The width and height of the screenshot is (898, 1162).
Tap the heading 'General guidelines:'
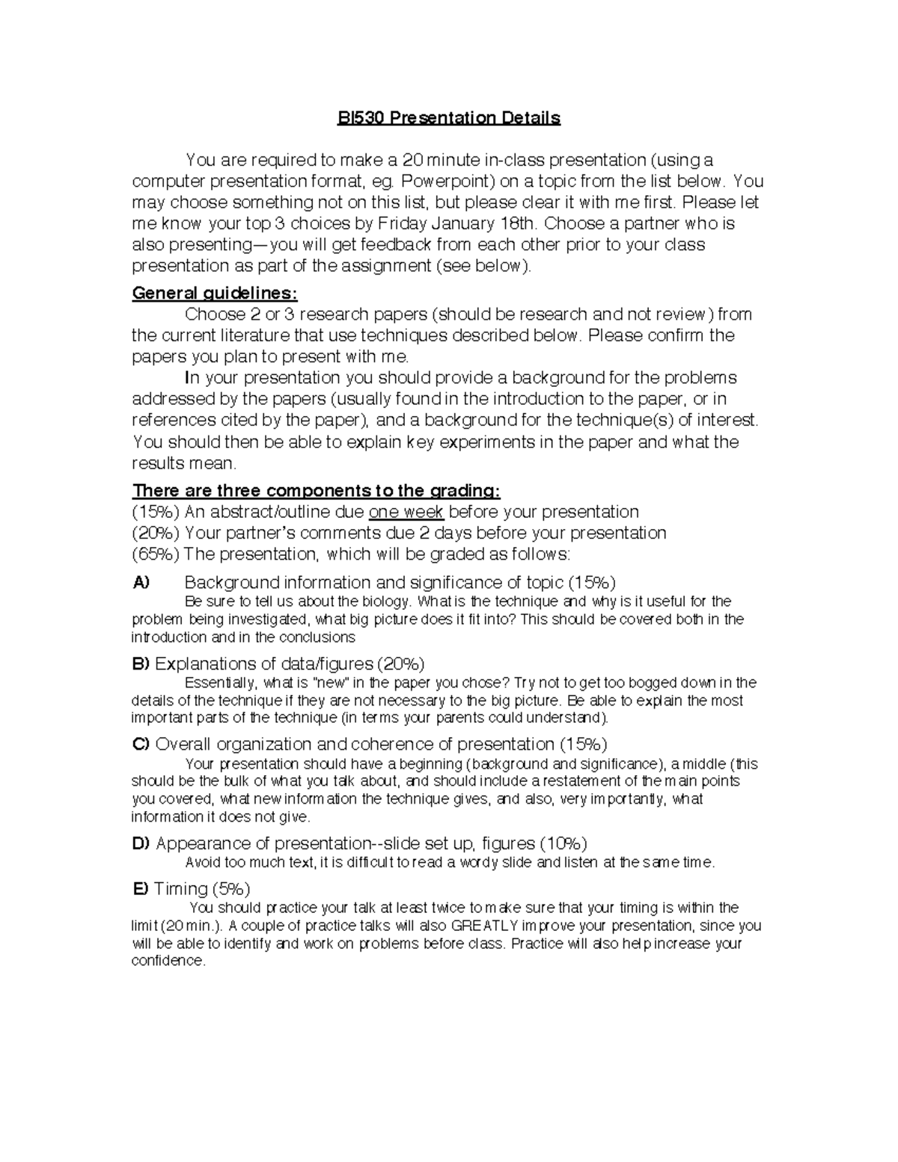pos(215,293)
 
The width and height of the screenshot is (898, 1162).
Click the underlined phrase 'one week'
pos(406,512)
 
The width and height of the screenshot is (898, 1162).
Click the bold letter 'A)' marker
pos(141,582)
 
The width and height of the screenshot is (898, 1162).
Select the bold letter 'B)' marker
pos(141,664)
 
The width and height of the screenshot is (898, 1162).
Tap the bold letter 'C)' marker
pos(141,744)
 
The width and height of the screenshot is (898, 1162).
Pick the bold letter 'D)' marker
pos(141,843)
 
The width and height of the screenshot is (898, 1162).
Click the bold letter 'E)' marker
pos(140,888)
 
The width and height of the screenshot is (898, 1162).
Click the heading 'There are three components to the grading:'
pos(316,491)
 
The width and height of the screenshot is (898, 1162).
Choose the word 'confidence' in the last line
pos(167,961)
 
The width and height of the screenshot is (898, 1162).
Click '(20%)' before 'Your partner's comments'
pos(156,533)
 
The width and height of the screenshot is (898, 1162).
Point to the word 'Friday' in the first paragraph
pos(403,223)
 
